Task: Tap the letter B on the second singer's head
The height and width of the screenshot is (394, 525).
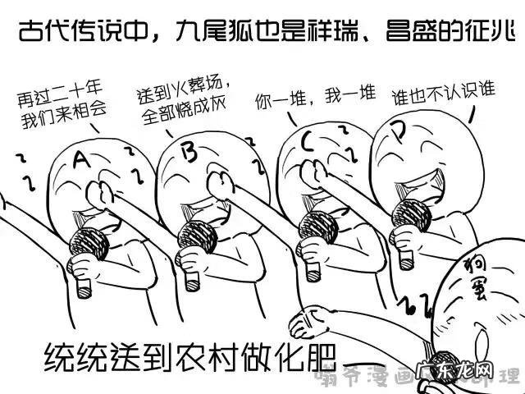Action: [x=187, y=151]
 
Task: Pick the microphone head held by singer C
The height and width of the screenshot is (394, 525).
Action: [x=315, y=222]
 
